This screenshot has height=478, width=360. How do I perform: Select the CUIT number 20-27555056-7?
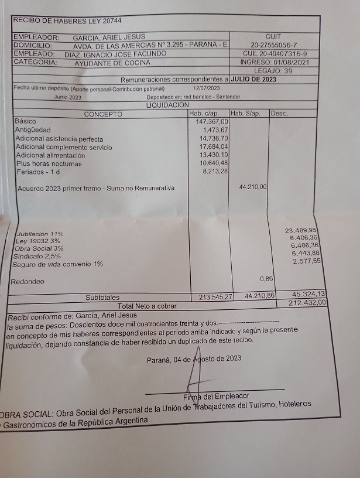pos(273,45)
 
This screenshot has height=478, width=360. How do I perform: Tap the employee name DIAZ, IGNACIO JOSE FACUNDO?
pos(115,54)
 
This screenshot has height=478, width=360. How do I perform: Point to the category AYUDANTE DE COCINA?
pos(112,63)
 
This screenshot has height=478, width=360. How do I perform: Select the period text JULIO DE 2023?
pos(254,79)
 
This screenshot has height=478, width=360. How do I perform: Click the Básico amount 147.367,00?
pos(211,121)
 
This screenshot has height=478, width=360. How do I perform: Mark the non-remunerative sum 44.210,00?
pos(253,187)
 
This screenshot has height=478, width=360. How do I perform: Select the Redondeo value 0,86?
pos(267,278)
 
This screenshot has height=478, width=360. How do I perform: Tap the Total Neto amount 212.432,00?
pos(307,303)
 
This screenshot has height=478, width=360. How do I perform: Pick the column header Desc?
pos(280,113)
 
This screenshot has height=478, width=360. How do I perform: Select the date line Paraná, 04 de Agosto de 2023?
pos(194,358)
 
